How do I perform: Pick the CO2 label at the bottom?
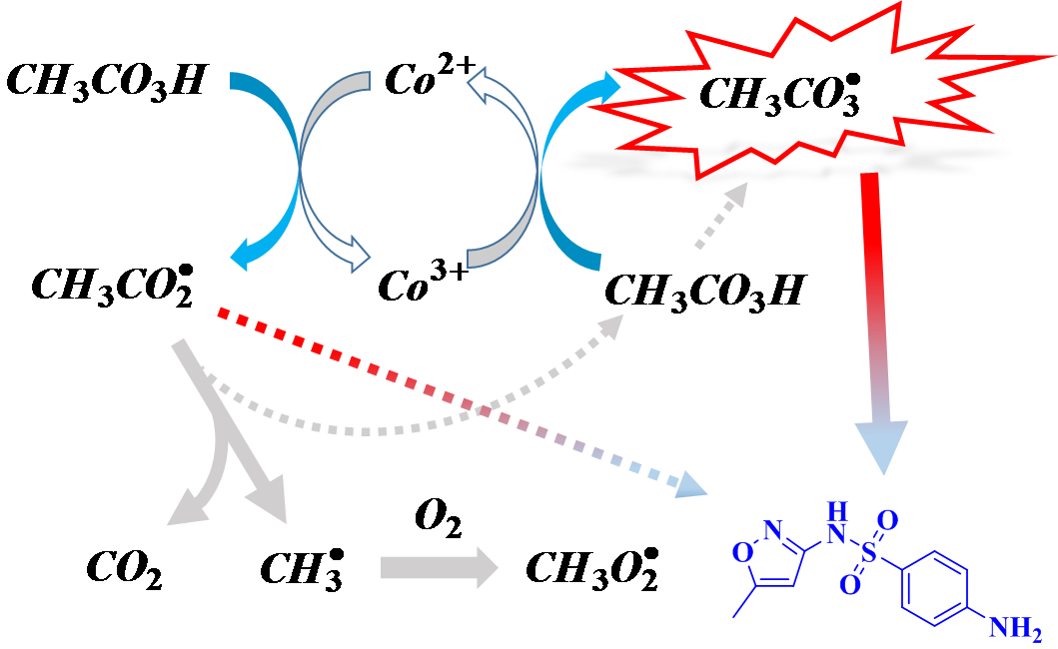pyautogui.click(x=123, y=570)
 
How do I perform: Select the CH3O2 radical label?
pyautogui.click(x=589, y=570)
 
